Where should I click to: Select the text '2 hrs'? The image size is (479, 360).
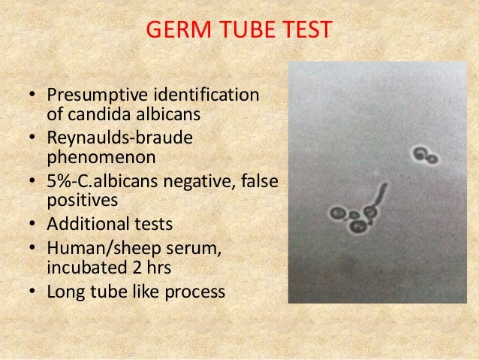pos(140,265)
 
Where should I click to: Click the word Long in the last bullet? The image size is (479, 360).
pos(63,289)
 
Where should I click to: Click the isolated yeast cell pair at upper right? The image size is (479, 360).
pos(425,156)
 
